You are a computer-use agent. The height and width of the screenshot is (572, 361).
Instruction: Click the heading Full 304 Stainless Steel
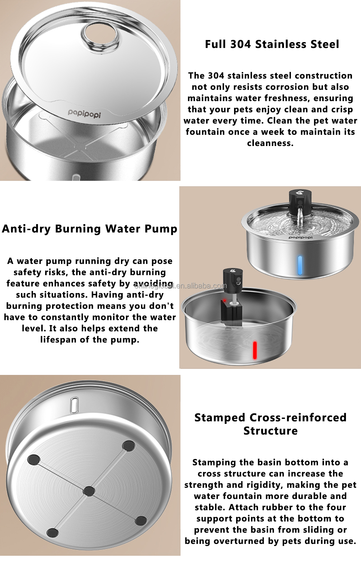[x=272, y=44]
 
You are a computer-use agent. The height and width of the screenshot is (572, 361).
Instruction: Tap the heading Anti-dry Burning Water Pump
[x=90, y=229]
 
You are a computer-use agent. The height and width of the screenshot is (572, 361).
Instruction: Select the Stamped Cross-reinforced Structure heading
[x=270, y=424]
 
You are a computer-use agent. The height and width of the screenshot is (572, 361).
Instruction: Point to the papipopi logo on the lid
[x=84, y=113]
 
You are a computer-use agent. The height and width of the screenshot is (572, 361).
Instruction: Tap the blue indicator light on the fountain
[x=300, y=265]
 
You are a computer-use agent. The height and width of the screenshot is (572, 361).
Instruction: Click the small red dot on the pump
[x=224, y=300]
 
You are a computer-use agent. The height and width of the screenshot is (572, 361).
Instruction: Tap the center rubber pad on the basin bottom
[x=89, y=491]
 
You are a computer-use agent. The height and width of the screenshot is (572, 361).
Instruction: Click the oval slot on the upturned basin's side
[x=74, y=405]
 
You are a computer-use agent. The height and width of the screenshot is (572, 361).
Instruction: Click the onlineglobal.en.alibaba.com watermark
[x=180, y=286]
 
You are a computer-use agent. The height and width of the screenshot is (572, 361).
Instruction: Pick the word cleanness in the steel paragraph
[x=270, y=143]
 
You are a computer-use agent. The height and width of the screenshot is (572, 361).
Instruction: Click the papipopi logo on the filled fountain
[x=301, y=237]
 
